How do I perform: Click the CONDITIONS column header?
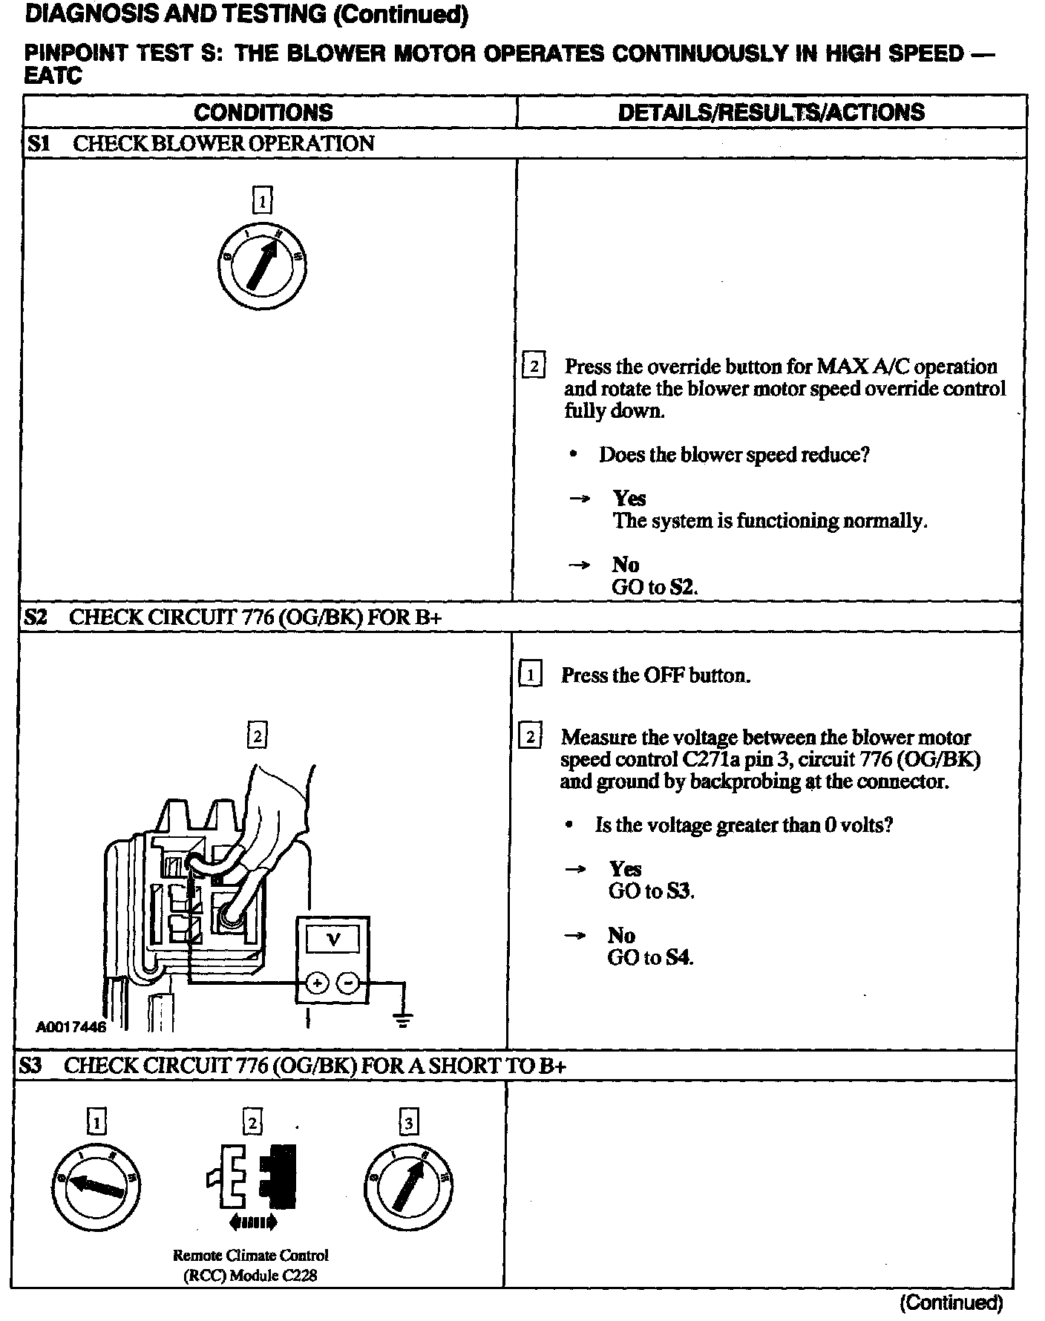263,112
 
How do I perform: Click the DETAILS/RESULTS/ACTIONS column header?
771,112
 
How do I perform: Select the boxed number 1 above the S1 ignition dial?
262,200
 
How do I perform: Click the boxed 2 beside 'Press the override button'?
533,367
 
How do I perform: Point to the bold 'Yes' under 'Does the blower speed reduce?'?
629,499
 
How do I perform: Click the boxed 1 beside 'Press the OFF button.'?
530,675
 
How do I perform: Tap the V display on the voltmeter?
334,940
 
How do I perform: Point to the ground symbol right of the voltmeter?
403,1020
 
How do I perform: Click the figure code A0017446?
71,1027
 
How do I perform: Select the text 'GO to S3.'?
651,891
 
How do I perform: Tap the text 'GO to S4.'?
650,957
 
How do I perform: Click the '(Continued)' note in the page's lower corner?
951,1302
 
